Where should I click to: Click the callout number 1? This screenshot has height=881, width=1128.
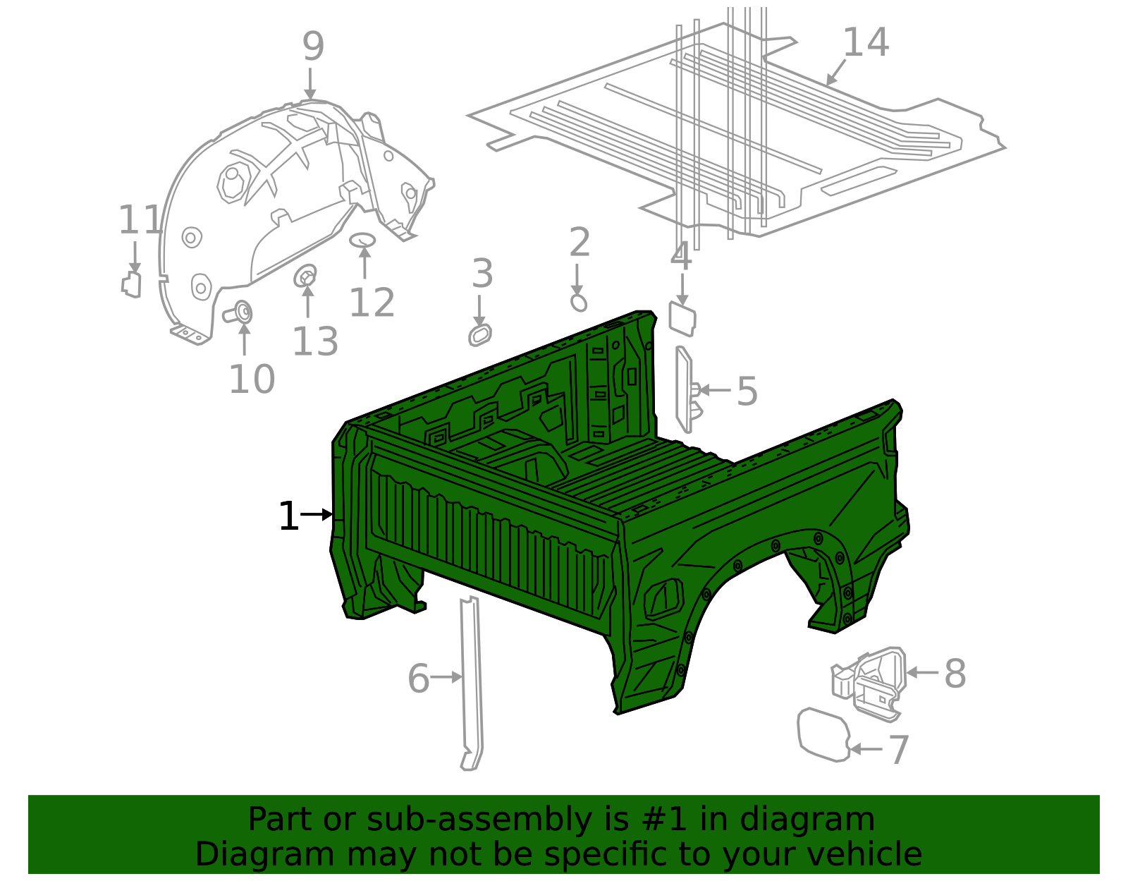pyautogui.click(x=288, y=516)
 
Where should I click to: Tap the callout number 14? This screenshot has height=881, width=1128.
pyautogui.click(x=865, y=43)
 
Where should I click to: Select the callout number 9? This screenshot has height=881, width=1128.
pyautogui.click(x=313, y=47)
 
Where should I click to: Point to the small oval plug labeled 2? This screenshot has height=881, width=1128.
pyautogui.click(x=578, y=303)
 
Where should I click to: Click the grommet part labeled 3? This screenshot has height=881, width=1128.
pyautogui.click(x=480, y=335)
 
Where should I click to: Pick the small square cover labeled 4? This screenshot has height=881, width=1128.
pyautogui.click(x=682, y=320)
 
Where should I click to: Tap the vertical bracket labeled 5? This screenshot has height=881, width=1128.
pyautogui.click(x=684, y=389)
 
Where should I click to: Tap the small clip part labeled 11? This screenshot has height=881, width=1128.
pyautogui.click(x=131, y=284)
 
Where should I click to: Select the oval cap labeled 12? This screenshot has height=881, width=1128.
pyautogui.click(x=362, y=240)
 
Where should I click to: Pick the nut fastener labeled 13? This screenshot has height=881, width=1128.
pyautogui.click(x=305, y=276)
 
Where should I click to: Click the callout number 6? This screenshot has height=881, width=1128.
pyautogui.click(x=418, y=679)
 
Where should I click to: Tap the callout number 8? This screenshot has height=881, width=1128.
pyautogui.click(x=955, y=674)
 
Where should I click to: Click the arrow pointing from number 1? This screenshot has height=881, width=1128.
pyautogui.click(x=317, y=515)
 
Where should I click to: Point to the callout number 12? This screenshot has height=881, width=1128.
pyautogui.click(x=372, y=303)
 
